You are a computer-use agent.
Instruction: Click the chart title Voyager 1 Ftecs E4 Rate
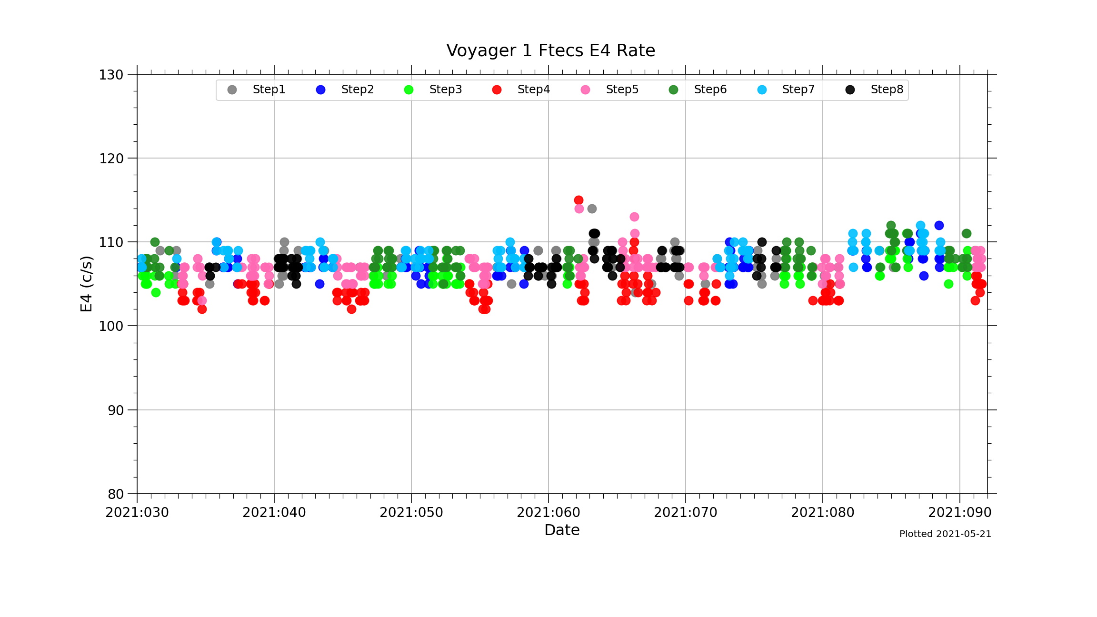(x=550, y=50)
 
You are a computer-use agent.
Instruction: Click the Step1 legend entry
(x=269, y=90)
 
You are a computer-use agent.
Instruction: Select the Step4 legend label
(x=533, y=90)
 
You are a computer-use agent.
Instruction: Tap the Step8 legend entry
(x=887, y=90)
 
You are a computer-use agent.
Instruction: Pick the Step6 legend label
(x=710, y=90)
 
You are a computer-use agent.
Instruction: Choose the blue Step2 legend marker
(x=320, y=90)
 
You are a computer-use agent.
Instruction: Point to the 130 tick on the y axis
(x=111, y=75)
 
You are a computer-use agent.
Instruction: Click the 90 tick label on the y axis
(x=116, y=410)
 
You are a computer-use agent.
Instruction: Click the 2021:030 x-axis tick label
(x=137, y=513)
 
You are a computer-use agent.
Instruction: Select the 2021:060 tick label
(x=548, y=513)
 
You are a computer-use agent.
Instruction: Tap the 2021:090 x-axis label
(x=960, y=513)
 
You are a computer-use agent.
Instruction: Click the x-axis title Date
(x=562, y=530)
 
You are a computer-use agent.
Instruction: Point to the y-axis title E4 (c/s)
(x=86, y=284)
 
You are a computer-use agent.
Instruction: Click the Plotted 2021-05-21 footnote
(x=945, y=534)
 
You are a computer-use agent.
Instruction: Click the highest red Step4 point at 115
(x=578, y=200)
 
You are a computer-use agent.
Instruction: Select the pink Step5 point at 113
(x=634, y=217)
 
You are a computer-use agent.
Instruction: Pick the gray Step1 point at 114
(x=592, y=209)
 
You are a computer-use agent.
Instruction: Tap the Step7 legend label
(x=798, y=90)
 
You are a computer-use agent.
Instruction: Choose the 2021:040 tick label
(x=274, y=513)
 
